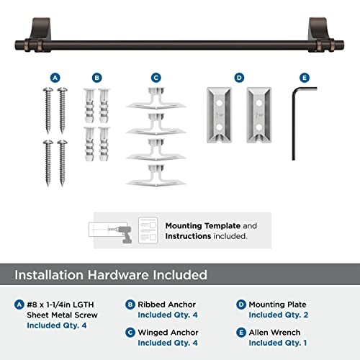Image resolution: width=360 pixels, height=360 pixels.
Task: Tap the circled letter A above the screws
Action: coord(54,76)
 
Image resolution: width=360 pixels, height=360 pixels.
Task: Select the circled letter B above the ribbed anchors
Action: coord(97,76)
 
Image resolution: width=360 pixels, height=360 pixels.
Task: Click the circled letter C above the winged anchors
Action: coord(156,76)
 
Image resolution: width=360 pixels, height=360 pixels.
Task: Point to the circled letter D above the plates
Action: coord(240,76)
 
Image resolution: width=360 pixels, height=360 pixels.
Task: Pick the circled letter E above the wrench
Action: coord(303,76)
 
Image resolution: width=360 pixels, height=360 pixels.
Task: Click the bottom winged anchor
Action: coord(156,175)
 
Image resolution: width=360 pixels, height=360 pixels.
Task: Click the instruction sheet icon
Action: coord(148,230)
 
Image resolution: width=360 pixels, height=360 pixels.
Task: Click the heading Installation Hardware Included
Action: coord(113,274)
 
